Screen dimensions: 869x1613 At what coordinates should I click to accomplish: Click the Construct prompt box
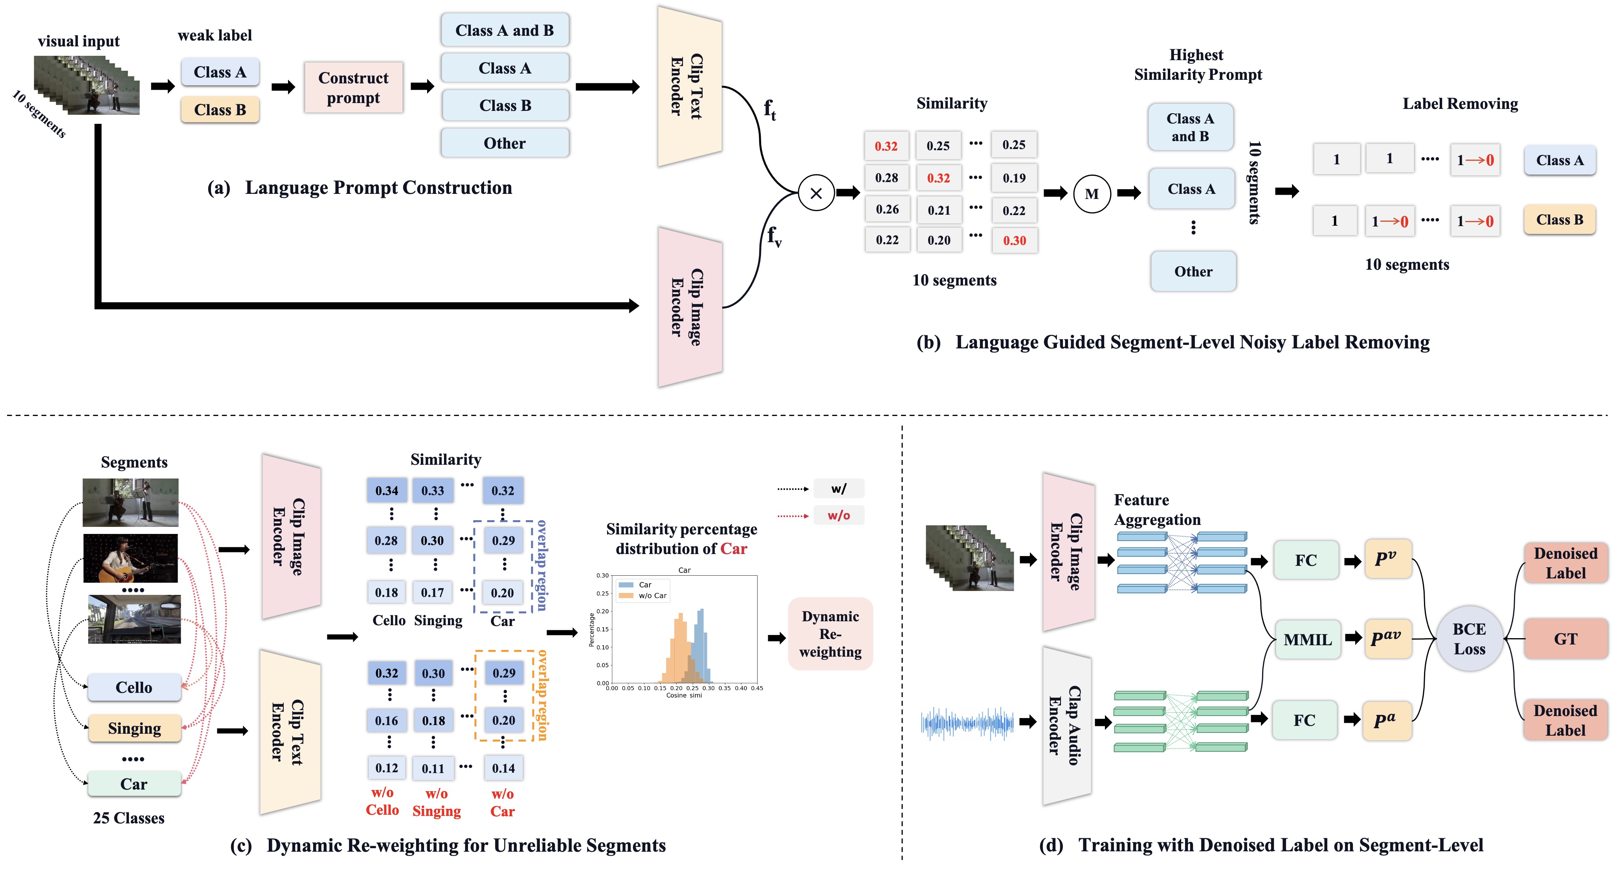pos(353,88)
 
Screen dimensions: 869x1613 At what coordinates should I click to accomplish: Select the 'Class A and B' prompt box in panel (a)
pos(505,30)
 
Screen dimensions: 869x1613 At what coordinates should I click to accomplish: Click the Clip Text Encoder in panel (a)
pos(689,87)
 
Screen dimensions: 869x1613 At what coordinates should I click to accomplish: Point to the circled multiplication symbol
pos(816,193)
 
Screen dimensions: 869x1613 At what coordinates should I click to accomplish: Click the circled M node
pos(1092,194)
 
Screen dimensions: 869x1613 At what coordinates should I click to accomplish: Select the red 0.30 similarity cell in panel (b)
pos(1015,241)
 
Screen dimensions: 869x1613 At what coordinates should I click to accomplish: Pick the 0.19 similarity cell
pos(1014,178)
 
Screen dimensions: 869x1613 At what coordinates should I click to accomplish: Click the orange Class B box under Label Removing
pos(1559,220)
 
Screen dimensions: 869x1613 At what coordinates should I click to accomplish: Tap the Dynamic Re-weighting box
pos(830,634)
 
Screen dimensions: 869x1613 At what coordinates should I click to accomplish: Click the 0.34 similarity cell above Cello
pos(386,491)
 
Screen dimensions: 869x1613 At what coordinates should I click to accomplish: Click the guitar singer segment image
pos(130,558)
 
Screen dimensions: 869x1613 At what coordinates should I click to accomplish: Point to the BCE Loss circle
pos(1469,639)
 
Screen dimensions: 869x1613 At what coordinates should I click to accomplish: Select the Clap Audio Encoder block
pos(1066,725)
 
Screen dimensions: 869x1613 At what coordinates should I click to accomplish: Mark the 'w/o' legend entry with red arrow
pos(839,516)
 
